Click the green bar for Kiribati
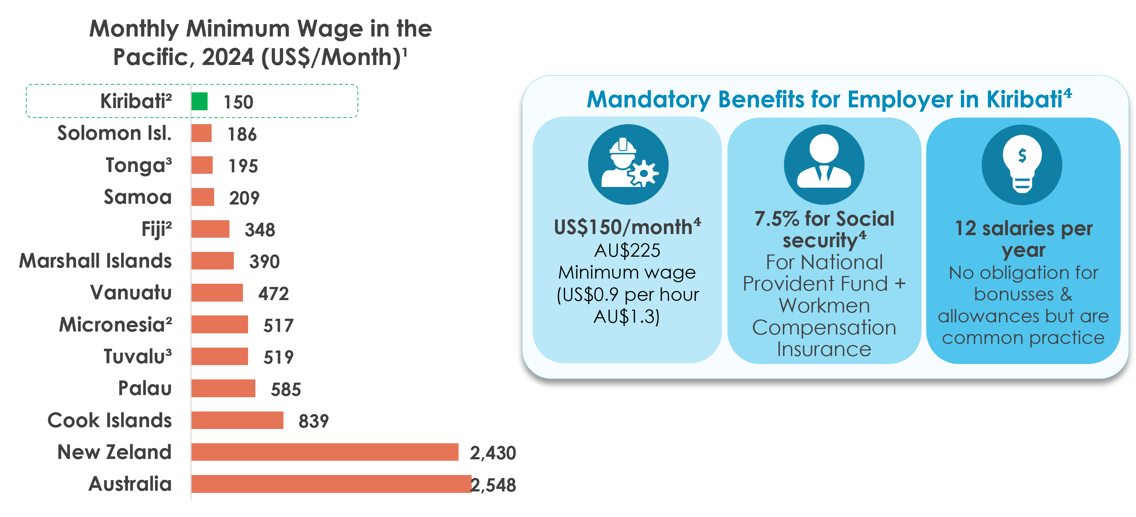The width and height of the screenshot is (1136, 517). click(x=199, y=101)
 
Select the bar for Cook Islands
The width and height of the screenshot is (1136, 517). click(x=237, y=420)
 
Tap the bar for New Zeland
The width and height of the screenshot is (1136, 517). click(x=325, y=452)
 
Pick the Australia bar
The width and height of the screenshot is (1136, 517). click(x=331, y=483)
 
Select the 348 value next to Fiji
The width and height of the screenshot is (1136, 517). click(x=260, y=230)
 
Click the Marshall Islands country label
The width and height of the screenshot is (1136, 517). click(x=95, y=260)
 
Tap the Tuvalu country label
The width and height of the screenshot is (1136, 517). click(x=138, y=356)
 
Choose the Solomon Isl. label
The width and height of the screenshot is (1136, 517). click(x=114, y=133)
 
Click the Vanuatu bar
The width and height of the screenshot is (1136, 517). click(x=217, y=292)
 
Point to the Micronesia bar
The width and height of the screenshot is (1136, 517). click(x=220, y=324)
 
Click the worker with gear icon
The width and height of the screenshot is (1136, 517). click(x=629, y=164)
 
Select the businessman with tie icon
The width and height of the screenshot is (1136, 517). click(x=824, y=164)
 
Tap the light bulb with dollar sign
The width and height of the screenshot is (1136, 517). click(x=1022, y=164)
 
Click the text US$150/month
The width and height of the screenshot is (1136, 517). click(x=623, y=227)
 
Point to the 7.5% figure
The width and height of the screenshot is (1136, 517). click(x=777, y=219)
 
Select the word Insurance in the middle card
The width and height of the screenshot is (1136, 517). click(x=824, y=349)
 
